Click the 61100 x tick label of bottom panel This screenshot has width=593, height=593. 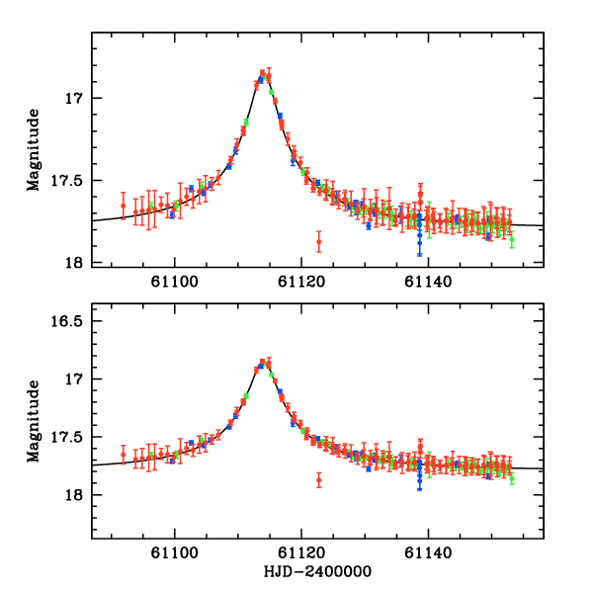coord(175,555)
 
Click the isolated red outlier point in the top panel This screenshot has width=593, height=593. coord(318,241)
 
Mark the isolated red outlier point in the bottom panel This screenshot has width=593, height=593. coord(318,480)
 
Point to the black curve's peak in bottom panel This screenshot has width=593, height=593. coord(264,363)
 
